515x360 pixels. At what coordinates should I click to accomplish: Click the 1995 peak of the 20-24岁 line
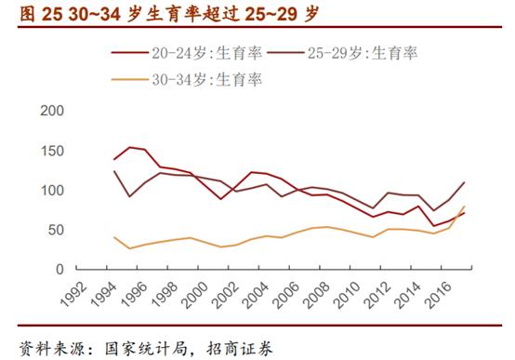130,147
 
